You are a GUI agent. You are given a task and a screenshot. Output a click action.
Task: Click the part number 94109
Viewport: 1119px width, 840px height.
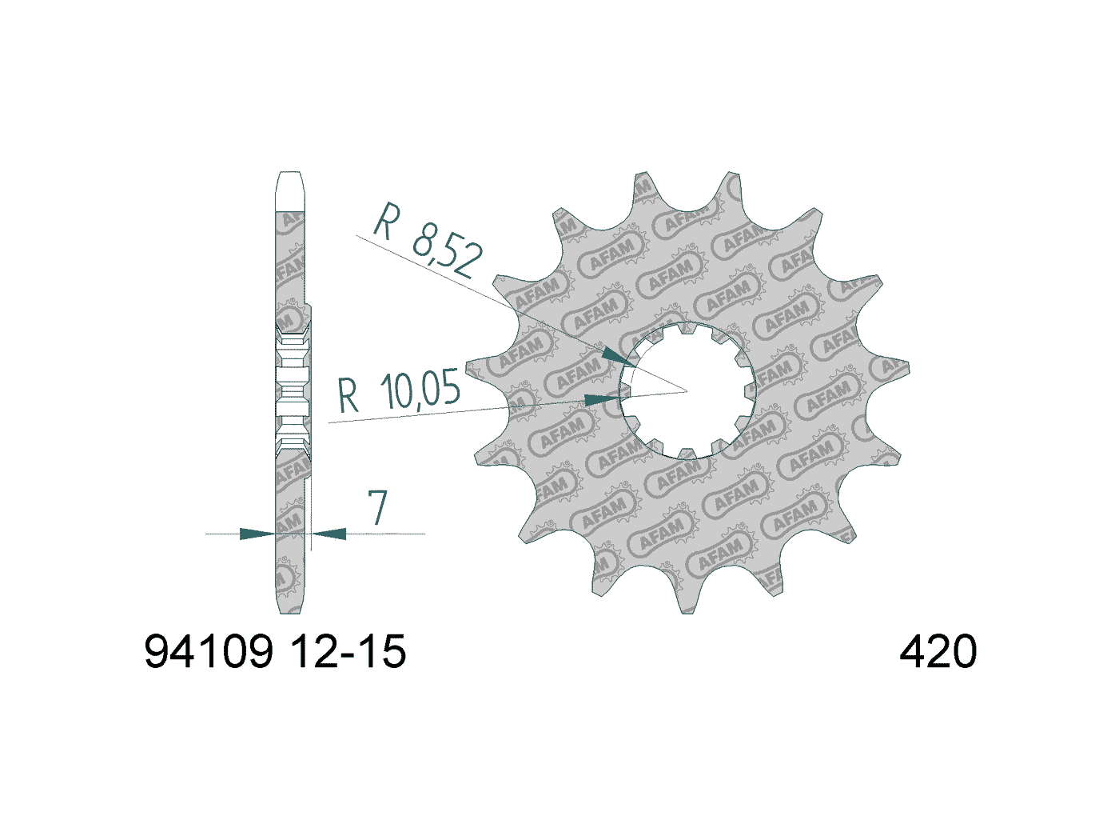[x=209, y=651]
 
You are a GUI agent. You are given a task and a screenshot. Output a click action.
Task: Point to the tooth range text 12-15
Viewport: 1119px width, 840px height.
[x=348, y=651]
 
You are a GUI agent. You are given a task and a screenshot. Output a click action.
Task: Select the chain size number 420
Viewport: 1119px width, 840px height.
[x=938, y=651]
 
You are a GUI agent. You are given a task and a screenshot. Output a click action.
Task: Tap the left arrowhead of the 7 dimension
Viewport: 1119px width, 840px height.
[x=257, y=533]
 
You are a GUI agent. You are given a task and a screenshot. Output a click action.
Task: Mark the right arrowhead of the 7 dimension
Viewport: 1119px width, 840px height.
[x=329, y=533]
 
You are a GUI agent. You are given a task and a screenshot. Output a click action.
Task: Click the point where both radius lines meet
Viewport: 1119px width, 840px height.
[x=687, y=391]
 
